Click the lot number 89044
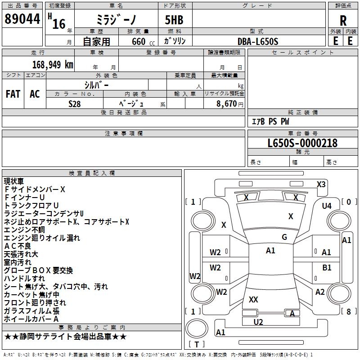tap(22, 19)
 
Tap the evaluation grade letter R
tap(343, 20)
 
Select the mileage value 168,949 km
tap(53, 64)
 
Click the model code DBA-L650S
tap(258, 41)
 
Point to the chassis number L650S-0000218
tap(302, 143)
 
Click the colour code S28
tap(74, 103)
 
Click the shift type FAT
tap(13, 94)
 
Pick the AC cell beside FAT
tap(35, 94)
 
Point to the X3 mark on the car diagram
tap(321, 184)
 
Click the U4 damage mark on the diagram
tap(326, 206)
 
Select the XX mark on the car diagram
tap(253, 299)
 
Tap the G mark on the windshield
tap(284, 237)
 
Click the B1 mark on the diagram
tap(327, 268)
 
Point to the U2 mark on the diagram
tap(258, 322)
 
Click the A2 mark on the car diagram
tap(320, 292)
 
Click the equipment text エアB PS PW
tap(270, 121)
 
